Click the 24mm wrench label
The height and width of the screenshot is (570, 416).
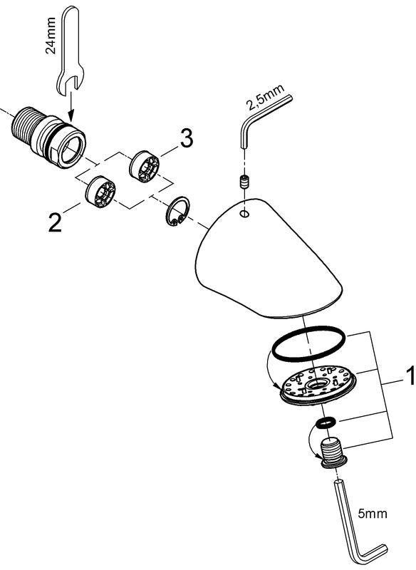coord(51,35)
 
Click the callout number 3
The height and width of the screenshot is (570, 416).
coord(187,138)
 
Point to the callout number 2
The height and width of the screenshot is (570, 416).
coord(55,222)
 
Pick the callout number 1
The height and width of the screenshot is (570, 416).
coord(410,376)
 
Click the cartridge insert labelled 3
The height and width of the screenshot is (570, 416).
coord(144,167)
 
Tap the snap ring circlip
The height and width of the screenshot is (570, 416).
coord(177,212)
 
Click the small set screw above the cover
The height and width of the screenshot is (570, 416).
coord(244,182)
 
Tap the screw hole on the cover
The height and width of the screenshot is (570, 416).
coord(244,214)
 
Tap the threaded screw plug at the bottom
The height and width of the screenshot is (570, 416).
coord(333,454)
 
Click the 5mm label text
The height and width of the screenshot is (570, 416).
coord(373,514)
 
